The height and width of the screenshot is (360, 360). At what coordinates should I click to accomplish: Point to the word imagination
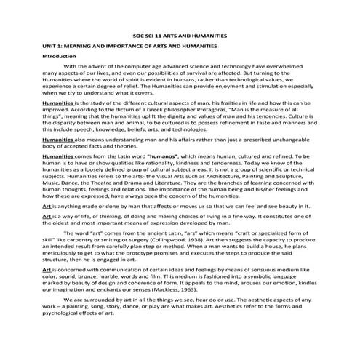point(68,302)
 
